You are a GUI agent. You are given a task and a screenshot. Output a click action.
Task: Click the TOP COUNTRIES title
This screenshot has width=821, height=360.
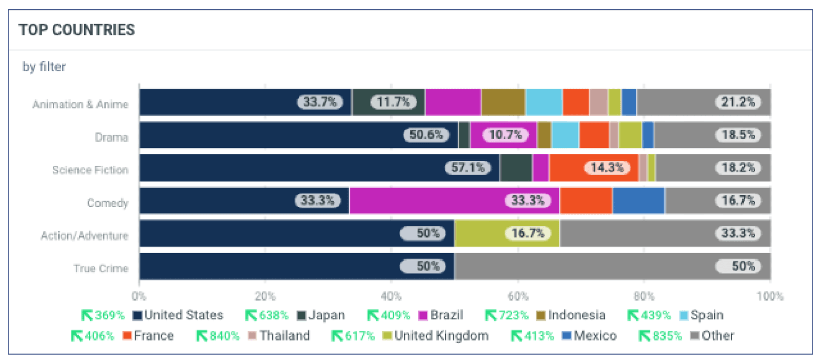tap(77, 30)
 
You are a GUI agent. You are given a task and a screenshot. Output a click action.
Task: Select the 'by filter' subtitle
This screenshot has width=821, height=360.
tap(44, 67)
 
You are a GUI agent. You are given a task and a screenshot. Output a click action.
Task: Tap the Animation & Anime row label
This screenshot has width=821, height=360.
tap(80, 105)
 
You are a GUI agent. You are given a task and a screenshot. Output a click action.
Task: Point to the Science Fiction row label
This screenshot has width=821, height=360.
tap(90, 170)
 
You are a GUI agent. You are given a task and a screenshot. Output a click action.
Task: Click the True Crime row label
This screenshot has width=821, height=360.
tap(101, 269)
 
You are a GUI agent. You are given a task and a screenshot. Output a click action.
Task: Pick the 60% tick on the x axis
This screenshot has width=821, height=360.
tap(518, 296)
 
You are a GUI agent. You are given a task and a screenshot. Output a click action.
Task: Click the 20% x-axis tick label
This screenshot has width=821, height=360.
tap(265, 296)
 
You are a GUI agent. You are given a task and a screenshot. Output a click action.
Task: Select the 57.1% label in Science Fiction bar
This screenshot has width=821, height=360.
tap(467, 168)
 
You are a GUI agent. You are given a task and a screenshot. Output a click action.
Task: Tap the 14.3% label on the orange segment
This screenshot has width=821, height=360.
tap(607, 168)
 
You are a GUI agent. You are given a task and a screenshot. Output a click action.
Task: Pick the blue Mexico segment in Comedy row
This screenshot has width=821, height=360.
tap(638, 201)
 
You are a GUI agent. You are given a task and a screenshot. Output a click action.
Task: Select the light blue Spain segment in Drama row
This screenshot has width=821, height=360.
tap(565, 135)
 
